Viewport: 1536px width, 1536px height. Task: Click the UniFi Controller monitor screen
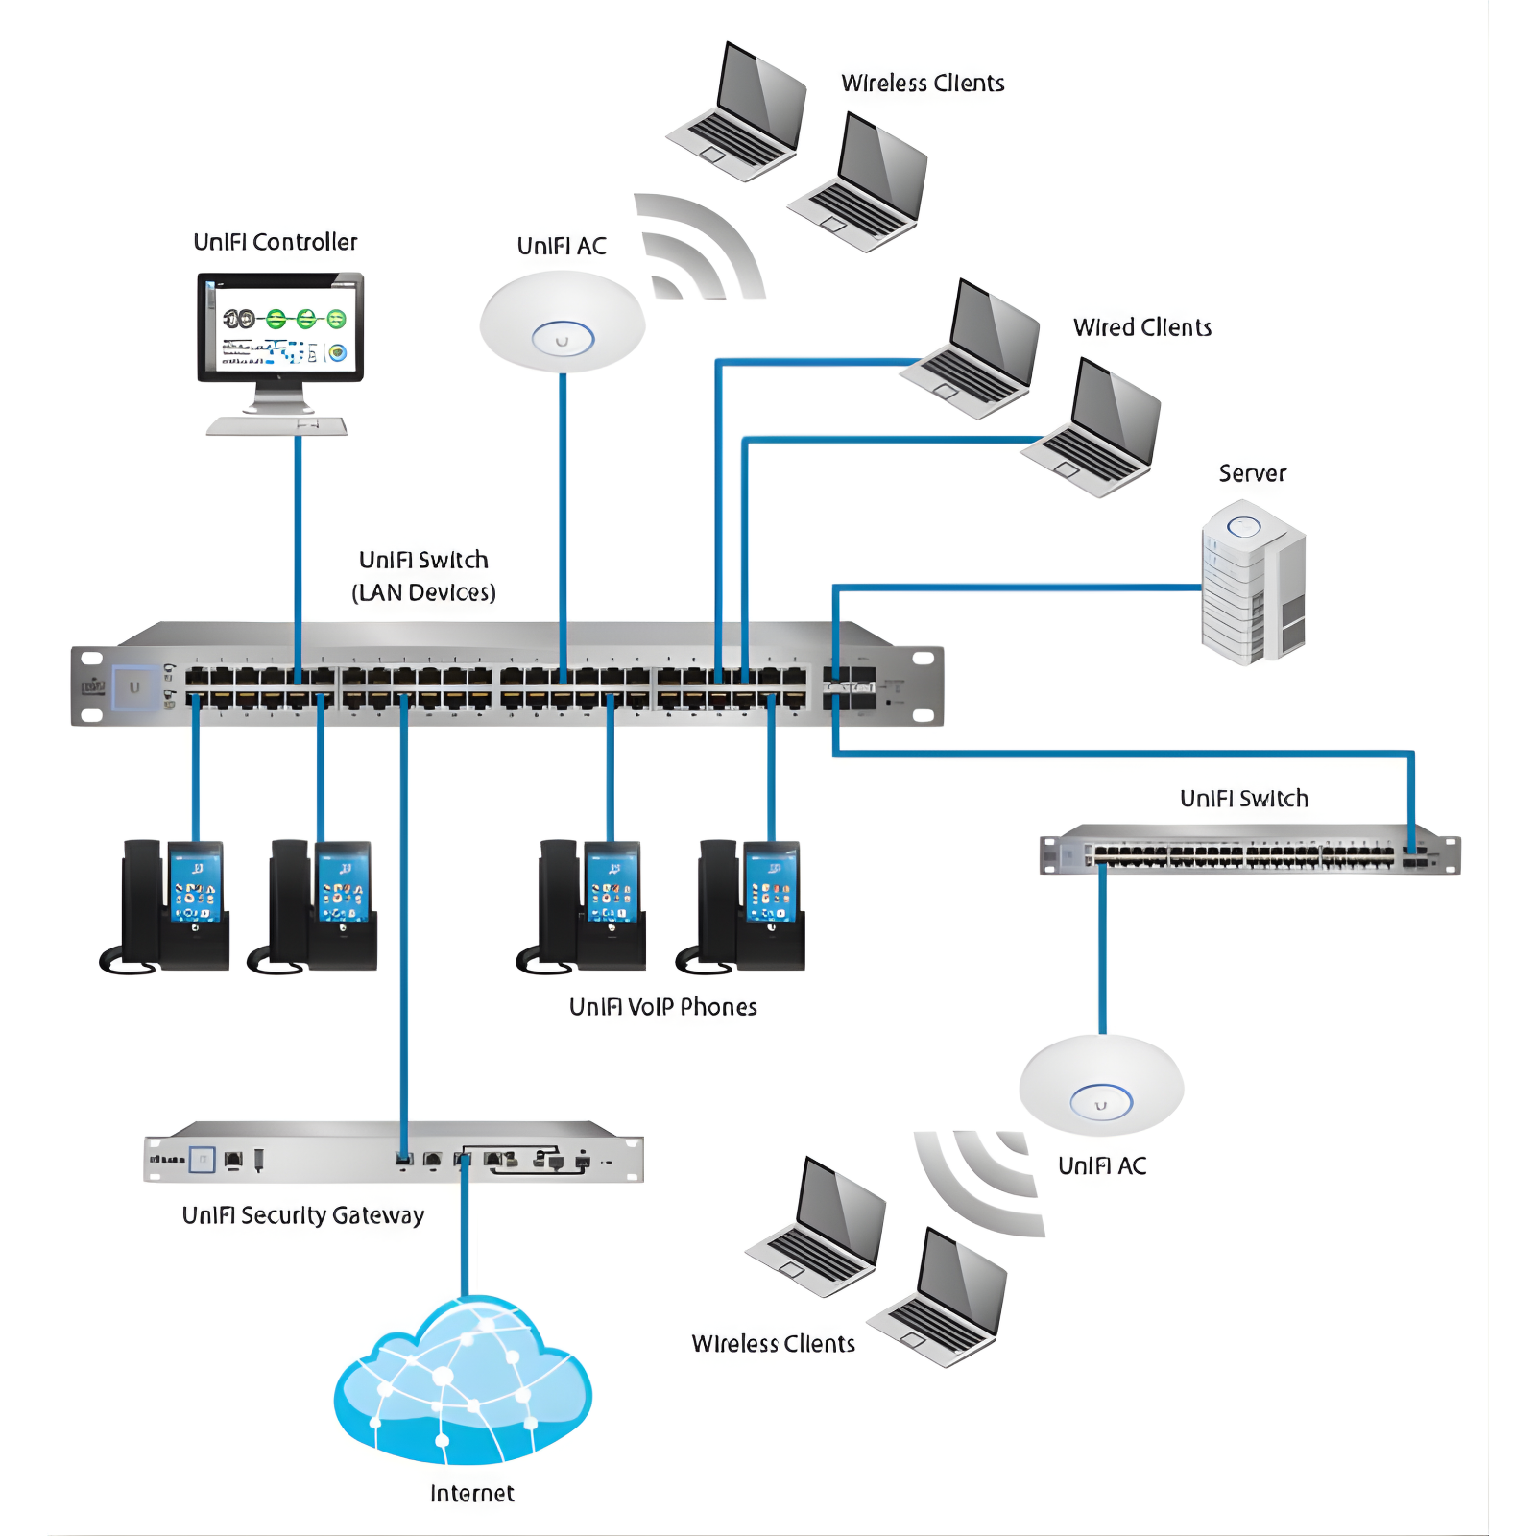tap(280, 326)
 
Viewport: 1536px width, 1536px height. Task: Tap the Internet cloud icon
tap(463, 1382)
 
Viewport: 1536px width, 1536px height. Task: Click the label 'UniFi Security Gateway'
tap(302, 1215)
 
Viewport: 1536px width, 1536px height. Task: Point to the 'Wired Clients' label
tap(1141, 327)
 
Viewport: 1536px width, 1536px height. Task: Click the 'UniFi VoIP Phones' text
tap(662, 1007)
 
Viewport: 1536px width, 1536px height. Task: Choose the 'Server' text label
tap(1252, 473)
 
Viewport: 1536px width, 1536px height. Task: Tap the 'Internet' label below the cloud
tap(471, 1494)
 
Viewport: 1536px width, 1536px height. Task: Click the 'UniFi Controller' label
tap(275, 242)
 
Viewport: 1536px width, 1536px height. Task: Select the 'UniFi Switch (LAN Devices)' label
tap(423, 576)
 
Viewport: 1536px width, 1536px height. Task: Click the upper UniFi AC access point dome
tap(563, 322)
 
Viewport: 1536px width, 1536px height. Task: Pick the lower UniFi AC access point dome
tap(1101, 1087)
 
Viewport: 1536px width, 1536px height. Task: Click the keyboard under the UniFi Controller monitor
tap(276, 425)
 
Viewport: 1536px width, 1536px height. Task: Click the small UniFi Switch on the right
tap(1248, 851)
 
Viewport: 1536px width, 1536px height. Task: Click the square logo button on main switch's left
tap(134, 687)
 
